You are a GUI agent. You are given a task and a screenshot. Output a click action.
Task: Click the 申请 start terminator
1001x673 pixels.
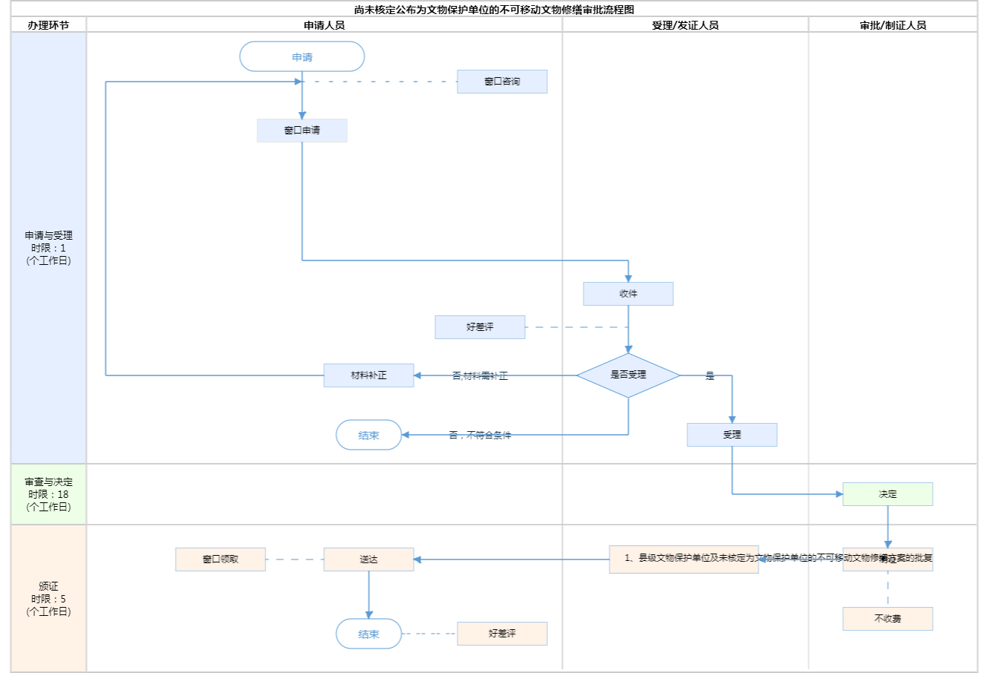click(x=302, y=57)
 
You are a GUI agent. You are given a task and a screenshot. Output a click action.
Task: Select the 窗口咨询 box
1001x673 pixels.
click(x=502, y=82)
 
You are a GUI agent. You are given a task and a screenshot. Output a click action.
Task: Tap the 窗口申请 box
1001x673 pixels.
click(x=302, y=131)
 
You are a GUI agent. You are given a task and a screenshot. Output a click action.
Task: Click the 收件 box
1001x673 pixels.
click(x=628, y=294)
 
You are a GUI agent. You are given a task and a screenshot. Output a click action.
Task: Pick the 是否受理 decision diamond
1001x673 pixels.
click(x=628, y=375)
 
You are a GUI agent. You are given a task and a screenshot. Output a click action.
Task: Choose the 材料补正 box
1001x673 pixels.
click(x=369, y=375)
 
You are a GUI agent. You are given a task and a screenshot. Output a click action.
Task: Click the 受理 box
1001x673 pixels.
click(x=732, y=435)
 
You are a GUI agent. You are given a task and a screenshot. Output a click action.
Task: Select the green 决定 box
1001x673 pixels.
click(x=888, y=494)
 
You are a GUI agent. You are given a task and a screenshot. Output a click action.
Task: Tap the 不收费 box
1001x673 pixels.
click(x=888, y=619)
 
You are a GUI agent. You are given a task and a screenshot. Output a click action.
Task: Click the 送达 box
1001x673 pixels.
click(x=369, y=559)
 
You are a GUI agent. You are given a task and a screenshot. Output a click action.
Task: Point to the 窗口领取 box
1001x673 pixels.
click(x=220, y=559)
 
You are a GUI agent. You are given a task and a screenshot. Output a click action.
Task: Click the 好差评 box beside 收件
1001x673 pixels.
click(x=480, y=327)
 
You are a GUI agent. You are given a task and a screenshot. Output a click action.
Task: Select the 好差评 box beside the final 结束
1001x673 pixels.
click(x=502, y=634)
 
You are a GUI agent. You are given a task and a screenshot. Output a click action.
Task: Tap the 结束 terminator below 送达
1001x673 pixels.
click(x=369, y=634)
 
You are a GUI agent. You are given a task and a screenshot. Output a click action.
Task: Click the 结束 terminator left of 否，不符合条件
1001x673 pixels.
click(x=369, y=436)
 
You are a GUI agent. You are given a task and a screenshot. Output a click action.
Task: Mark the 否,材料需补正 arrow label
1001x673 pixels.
click(x=480, y=376)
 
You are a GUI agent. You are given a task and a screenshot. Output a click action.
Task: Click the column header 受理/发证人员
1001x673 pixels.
click(x=685, y=25)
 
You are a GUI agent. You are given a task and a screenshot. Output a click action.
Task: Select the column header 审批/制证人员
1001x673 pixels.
click(x=893, y=25)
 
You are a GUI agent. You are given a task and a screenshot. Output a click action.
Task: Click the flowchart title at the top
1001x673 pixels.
click(x=494, y=10)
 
